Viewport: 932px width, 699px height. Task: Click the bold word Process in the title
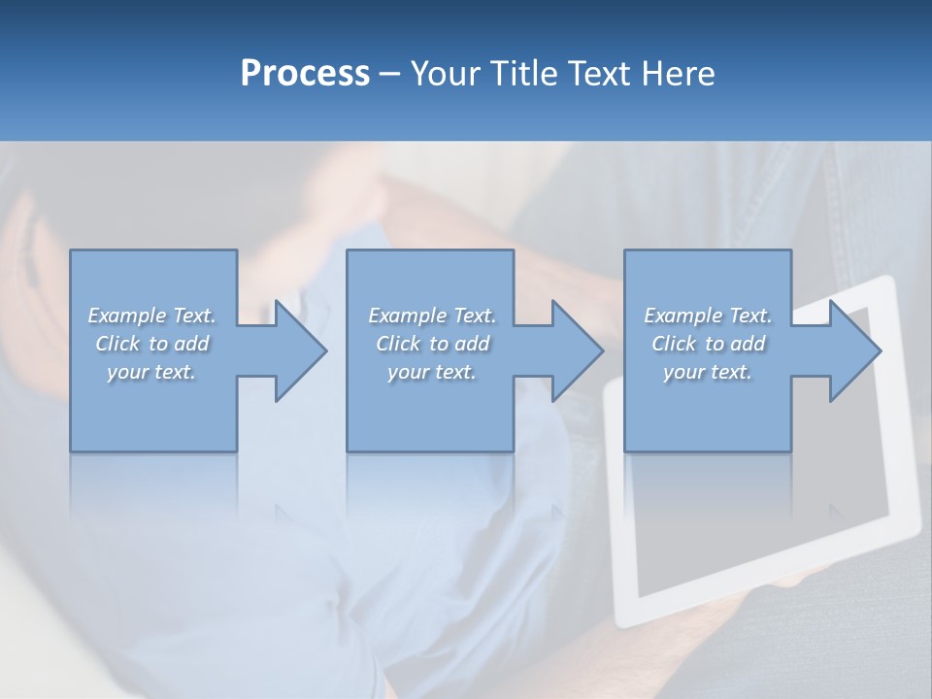305,74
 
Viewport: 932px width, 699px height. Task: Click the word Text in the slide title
599,74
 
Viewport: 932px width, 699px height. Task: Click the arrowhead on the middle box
576,350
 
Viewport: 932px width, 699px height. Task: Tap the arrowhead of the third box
853,350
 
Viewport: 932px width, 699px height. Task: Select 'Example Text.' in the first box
152,316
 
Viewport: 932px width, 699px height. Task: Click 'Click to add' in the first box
152,344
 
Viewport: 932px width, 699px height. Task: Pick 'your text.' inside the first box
152,372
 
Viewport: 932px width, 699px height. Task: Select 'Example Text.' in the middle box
432,316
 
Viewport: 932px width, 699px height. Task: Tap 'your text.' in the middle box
432,372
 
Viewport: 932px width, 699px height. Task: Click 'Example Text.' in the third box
708,316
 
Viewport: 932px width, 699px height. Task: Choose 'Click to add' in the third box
708,344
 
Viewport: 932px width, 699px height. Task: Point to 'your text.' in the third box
708,372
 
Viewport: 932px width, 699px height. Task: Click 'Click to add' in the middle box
432,344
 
